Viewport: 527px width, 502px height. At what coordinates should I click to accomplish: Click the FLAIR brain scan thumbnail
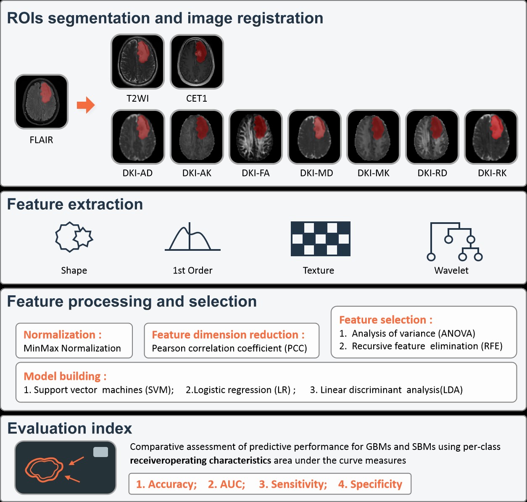tap(41, 102)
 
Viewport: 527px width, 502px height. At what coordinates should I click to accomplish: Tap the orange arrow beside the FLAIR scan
tap(86, 105)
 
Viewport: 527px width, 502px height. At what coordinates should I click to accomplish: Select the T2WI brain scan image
tap(137, 62)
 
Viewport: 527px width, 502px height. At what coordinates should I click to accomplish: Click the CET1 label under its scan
tap(196, 99)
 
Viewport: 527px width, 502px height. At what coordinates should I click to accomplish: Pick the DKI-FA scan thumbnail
tap(256, 137)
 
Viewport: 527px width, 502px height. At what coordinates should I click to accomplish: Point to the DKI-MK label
tap(373, 173)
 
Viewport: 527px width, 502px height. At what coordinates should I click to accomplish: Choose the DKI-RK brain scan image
tap(491, 137)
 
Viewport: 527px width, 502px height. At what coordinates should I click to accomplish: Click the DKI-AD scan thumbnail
tap(137, 137)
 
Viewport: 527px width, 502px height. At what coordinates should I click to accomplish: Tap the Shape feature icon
tap(74, 237)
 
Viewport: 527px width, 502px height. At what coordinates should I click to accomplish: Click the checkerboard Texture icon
tap(320, 239)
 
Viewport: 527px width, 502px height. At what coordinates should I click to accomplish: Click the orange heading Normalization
tap(62, 335)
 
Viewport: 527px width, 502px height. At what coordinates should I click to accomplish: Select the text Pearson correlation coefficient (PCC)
tap(229, 348)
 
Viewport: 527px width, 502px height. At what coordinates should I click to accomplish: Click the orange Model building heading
tap(65, 376)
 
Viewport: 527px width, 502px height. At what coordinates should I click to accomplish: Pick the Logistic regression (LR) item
tap(240, 390)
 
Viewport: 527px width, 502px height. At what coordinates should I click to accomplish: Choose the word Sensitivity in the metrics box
tap(298, 484)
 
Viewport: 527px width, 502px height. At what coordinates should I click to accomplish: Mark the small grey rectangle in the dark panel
tap(100, 452)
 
